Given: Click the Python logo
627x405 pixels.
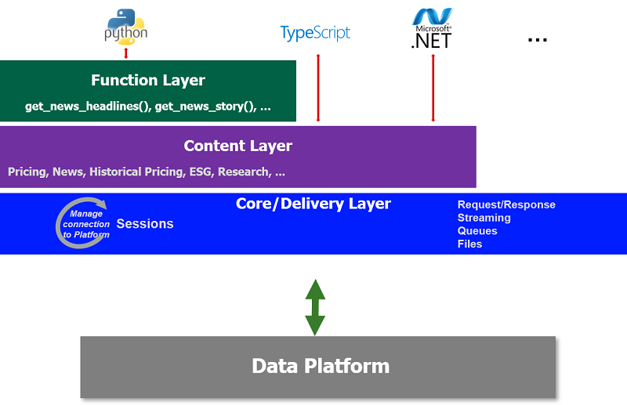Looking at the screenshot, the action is (126, 27).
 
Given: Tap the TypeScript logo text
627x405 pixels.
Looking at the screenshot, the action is (315, 33).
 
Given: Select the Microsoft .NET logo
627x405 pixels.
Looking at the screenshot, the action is (433, 28).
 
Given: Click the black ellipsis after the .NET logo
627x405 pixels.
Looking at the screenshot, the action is (537, 40).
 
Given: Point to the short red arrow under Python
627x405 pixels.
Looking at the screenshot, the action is (126, 53).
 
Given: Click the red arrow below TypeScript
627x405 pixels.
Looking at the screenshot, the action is (318, 88).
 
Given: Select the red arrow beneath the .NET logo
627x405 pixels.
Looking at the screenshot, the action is (433, 88).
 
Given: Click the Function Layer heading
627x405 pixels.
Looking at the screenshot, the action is (148, 81).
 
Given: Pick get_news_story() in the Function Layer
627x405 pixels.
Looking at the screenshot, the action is (205, 107).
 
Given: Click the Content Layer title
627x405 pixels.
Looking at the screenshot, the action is (238, 146).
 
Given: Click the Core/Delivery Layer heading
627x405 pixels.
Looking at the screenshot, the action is (313, 204).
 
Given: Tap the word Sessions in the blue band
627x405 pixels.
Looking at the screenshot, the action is (145, 223).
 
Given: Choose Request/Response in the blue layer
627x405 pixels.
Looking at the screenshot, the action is (506, 204).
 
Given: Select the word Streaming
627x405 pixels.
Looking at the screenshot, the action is (484, 218).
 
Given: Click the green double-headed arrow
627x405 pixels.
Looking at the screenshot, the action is (315, 307).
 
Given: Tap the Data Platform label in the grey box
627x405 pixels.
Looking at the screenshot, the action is (321, 366).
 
